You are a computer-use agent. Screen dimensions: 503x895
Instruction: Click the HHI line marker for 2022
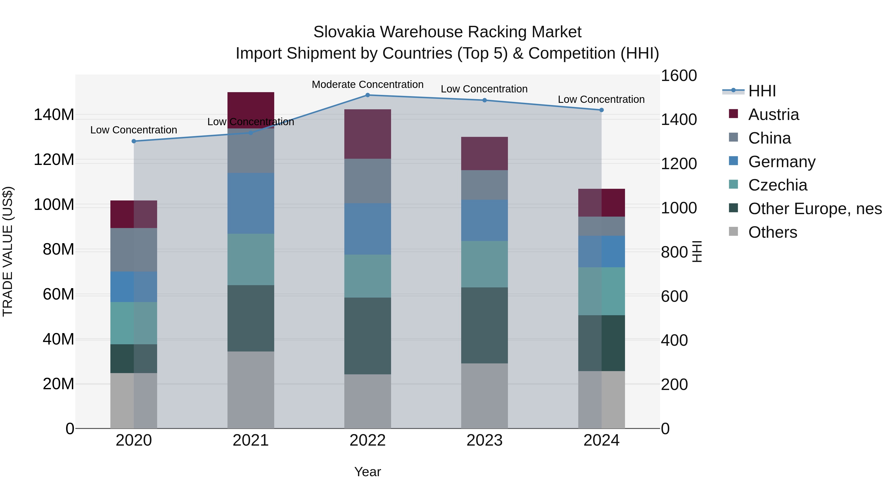368,95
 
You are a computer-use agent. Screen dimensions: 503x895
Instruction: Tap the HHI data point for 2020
134,141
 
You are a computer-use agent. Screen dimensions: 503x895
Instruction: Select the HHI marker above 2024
601,110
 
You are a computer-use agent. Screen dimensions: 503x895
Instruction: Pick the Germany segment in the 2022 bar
368,229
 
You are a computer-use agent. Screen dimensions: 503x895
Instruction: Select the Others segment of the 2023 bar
484,396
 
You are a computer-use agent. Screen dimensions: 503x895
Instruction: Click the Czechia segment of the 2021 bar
251,259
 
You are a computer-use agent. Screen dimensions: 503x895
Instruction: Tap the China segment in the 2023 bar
484,185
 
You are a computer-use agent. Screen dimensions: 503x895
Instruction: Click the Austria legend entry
773,115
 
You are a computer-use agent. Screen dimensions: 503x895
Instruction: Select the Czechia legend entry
778,185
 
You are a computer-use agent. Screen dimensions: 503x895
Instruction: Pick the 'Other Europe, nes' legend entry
815,209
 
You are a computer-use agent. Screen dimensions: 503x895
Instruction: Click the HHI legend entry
761,91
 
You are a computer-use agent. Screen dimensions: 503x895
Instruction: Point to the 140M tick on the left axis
54,115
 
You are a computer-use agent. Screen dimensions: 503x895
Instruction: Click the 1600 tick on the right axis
678,76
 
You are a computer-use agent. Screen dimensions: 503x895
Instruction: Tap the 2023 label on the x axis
484,440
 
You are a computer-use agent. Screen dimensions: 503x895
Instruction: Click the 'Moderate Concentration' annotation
368,84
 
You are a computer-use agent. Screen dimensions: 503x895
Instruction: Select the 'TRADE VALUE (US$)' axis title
8,251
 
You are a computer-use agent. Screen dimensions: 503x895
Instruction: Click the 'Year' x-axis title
368,472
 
